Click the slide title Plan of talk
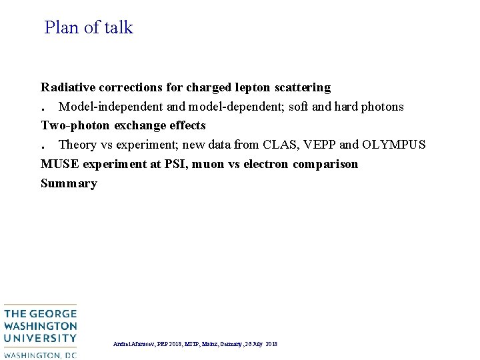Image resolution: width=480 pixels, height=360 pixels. (89, 28)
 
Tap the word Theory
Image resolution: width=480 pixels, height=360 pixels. (78, 145)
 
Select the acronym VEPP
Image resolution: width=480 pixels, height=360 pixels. (320, 145)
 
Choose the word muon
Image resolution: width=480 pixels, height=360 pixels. (209, 164)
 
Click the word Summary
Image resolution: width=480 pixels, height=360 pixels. (69, 183)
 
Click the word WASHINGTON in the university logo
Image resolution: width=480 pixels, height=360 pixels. (40, 327)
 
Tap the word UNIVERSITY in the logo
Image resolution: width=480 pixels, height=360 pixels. (40, 339)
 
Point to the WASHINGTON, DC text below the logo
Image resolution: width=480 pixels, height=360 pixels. (40, 355)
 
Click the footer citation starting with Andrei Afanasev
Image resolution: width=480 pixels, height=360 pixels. (195, 344)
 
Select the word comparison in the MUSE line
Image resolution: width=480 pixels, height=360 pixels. (325, 164)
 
